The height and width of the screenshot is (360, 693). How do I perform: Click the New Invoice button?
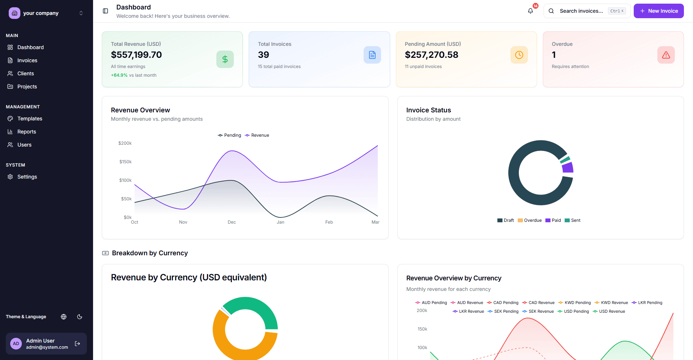click(658, 11)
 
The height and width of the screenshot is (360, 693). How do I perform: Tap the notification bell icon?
click(530, 11)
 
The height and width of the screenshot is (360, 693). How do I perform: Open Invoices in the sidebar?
click(27, 60)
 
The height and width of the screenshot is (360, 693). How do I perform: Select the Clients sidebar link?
click(25, 73)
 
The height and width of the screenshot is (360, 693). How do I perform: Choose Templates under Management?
click(29, 119)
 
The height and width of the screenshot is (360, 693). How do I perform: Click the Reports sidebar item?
click(27, 132)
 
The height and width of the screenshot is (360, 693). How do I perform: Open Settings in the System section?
click(27, 177)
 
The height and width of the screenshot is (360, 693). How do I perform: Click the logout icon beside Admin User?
click(77, 344)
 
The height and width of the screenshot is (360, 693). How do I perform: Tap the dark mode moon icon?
click(80, 317)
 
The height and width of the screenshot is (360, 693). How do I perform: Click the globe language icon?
click(64, 317)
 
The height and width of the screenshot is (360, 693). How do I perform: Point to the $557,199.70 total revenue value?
click(136, 55)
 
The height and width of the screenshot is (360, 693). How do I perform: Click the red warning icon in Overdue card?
click(666, 55)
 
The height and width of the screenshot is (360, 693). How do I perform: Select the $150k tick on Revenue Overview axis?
click(125, 162)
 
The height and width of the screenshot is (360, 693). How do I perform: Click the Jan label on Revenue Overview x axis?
click(280, 222)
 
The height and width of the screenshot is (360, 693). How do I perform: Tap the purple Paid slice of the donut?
click(568, 168)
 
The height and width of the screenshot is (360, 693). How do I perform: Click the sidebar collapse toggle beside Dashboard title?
click(105, 11)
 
